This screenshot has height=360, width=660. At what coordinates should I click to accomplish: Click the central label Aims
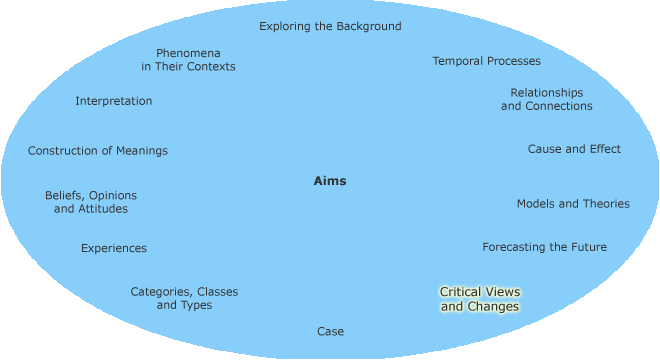pos(330,181)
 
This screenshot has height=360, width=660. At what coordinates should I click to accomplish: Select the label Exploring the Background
pos(330,26)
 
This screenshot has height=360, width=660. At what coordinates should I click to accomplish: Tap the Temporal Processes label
pos(486,61)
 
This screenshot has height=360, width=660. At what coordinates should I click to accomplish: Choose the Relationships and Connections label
pos(546,99)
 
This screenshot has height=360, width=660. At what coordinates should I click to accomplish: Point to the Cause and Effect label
pos(574,149)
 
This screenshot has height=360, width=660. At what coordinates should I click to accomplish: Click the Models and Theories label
pos(573,204)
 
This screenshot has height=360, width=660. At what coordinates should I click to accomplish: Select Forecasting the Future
pos(544,247)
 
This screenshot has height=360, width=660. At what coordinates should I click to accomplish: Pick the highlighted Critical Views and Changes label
pos(480,299)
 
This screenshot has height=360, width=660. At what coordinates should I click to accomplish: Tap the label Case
pos(330,331)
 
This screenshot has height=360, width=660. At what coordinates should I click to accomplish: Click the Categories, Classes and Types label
pos(184,298)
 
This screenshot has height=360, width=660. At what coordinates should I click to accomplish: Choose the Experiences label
pos(114,248)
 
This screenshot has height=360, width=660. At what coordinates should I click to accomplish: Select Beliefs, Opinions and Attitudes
pos(91,202)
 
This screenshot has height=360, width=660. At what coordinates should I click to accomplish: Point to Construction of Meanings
pos(98,151)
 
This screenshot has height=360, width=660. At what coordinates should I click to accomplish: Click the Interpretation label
pos(114,101)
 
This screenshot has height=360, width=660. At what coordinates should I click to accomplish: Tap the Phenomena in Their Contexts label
pos(188,59)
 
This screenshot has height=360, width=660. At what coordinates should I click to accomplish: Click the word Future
pos(586,247)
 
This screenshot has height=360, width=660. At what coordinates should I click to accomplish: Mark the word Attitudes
pos(103,209)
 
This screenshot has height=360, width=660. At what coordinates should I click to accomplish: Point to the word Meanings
pos(140,151)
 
